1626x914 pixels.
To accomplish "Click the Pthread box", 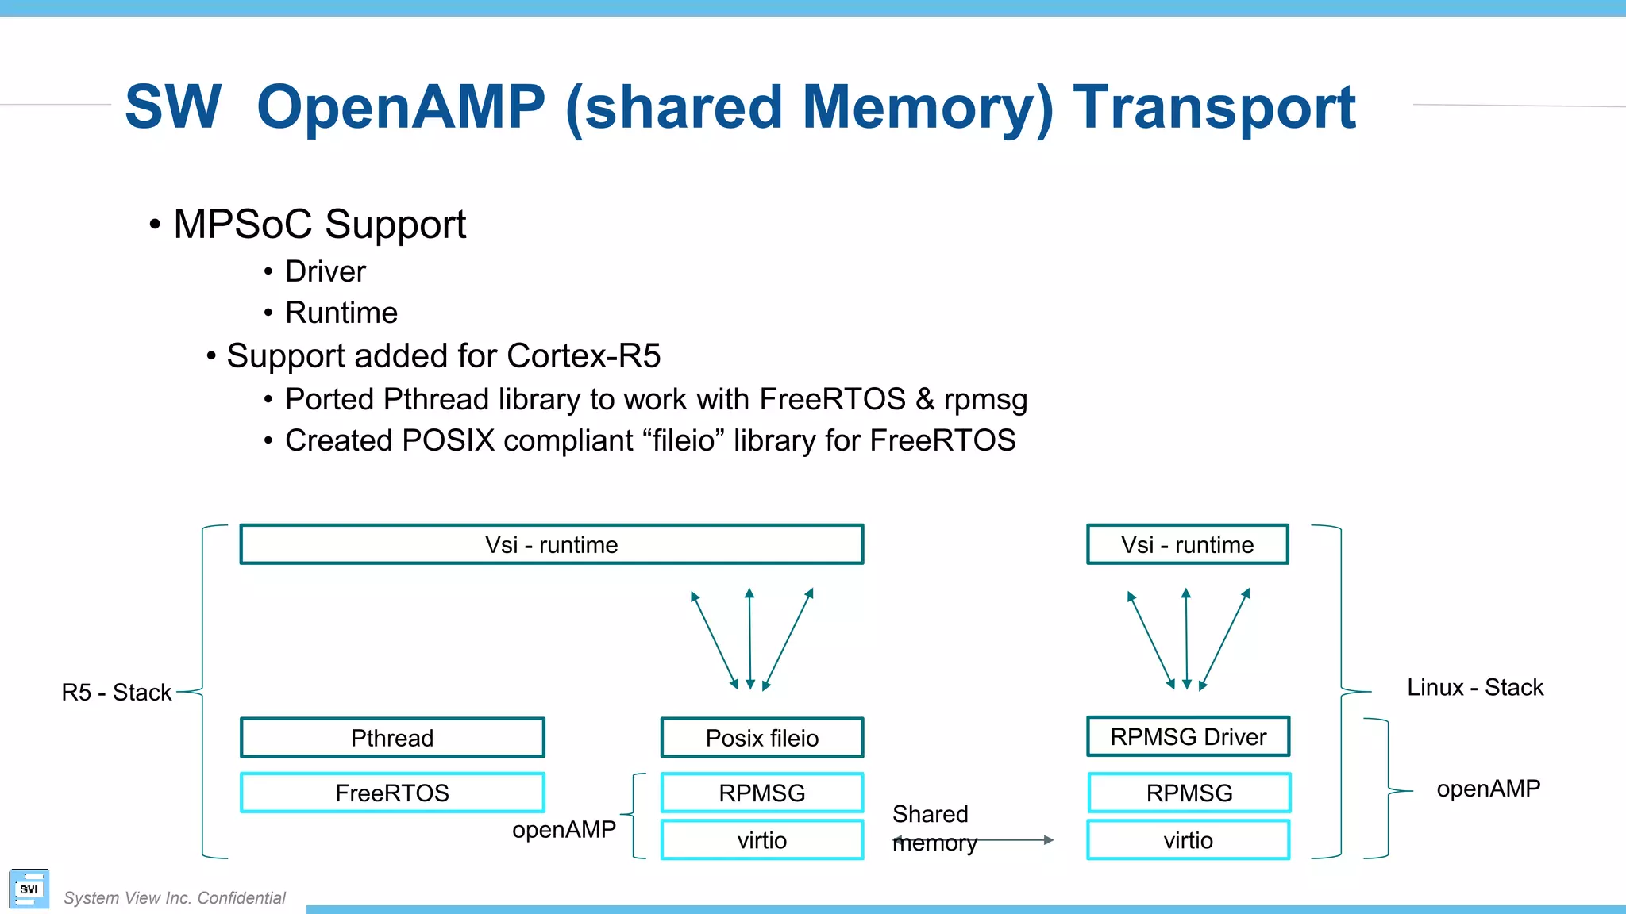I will [x=392, y=738].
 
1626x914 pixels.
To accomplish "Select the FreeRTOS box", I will [x=392, y=793].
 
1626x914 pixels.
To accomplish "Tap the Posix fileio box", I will [x=761, y=738].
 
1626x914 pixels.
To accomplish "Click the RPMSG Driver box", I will [x=1188, y=736].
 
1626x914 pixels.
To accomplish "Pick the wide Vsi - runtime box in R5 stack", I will [x=551, y=544].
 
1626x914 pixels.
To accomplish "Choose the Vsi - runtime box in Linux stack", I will [x=1187, y=544].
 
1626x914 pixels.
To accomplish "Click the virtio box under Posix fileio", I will [x=761, y=840].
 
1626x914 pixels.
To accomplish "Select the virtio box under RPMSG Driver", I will [x=1188, y=840].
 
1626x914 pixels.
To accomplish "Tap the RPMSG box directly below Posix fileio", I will [x=761, y=793].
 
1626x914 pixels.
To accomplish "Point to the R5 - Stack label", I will [x=117, y=692].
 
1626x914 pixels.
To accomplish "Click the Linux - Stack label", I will [x=1474, y=687].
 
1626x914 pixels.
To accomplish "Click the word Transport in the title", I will [x=1214, y=108].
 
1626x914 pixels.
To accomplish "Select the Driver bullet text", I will [x=325, y=271].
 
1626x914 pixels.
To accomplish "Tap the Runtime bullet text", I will [x=341, y=313].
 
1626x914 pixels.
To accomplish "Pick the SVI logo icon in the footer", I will [x=29, y=889].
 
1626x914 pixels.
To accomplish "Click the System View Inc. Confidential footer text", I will [x=174, y=897].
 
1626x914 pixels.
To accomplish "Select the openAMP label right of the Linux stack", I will [x=1488, y=788].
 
